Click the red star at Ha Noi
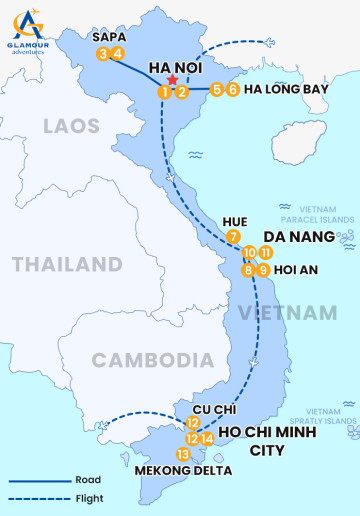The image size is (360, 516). [173, 80]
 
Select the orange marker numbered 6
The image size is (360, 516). [233, 89]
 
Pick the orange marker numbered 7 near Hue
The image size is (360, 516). [233, 237]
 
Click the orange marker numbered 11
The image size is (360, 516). [265, 252]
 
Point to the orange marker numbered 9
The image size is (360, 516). [263, 269]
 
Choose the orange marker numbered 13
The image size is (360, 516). [182, 454]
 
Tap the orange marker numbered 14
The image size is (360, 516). [207, 438]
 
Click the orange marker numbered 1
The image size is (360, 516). [163, 92]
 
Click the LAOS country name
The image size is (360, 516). [71, 126]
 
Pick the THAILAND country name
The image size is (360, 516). [67, 265]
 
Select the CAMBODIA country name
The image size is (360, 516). [140, 359]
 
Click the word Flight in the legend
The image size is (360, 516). [87, 498]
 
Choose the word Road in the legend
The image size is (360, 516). [87, 480]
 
